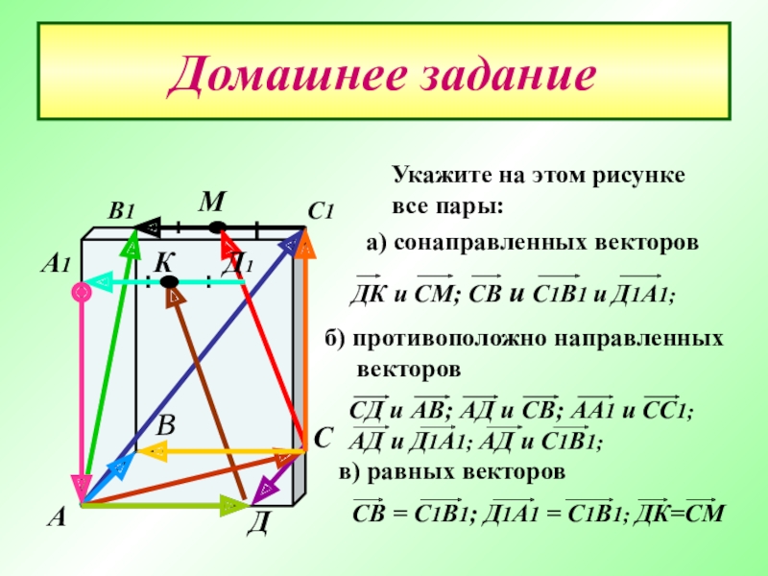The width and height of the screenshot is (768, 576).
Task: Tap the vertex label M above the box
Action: [212, 203]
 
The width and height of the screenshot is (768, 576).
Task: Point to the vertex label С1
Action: [320, 211]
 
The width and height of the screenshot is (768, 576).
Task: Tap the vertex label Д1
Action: [237, 265]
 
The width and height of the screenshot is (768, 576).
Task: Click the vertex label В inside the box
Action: [167, 424]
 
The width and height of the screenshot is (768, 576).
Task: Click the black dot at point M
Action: [218, 228]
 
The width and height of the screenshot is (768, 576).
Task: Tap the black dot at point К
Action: [169, 281]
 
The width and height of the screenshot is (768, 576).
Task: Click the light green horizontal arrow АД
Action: [163, 502]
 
